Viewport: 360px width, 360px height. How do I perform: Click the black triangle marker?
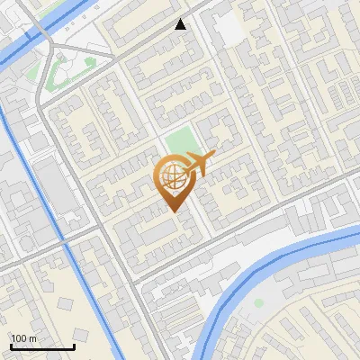click(x=181, y=24)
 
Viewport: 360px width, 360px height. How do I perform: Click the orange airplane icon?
click(x=200, y=164)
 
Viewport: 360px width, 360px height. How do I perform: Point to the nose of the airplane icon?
click(x=214, y=158)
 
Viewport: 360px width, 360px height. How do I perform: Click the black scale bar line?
click(x=42, y=346)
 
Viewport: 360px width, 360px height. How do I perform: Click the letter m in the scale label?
click(x=33, y=338)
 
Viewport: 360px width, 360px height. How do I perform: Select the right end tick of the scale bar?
click(x=74, y=346)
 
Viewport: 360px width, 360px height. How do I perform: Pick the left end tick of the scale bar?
click(x=11, y=346)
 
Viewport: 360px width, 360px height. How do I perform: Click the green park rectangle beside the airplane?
click(x=181, y=144)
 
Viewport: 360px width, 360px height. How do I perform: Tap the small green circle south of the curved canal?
click(x=258, y=303)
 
